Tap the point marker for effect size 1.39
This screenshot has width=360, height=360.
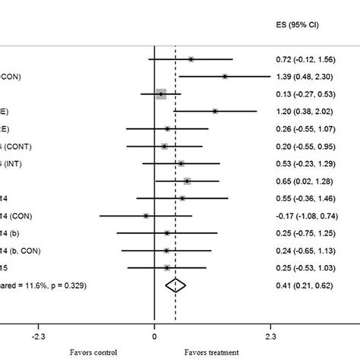(225, 77)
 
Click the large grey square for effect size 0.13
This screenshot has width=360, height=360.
(161, 94)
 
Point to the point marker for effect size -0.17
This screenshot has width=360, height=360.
(146, 216)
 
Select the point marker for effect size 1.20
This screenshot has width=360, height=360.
(215, 112)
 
